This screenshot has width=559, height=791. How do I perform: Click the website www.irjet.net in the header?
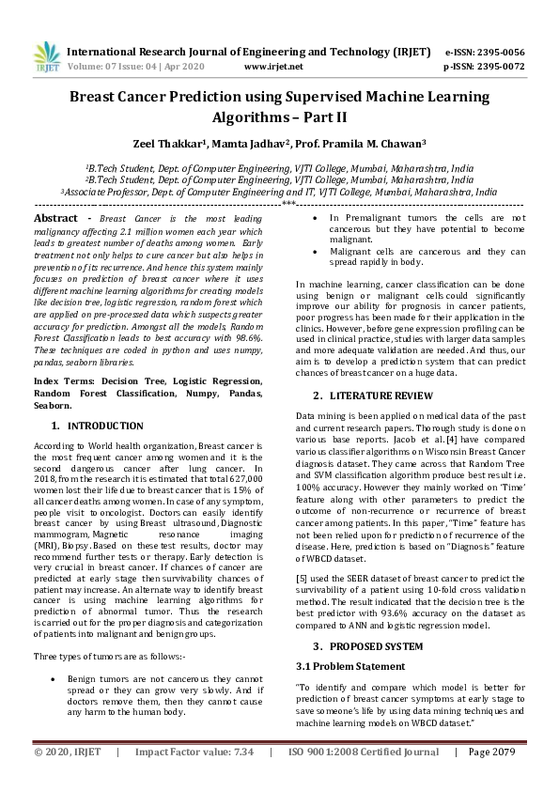coord(272,67)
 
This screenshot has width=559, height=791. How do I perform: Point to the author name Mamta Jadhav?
coord(250,145)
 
